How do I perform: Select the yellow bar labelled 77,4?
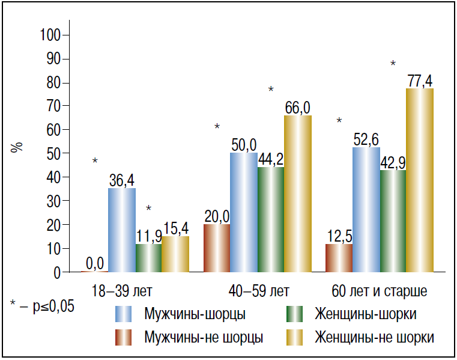pyautogui.click(x=420, y=180)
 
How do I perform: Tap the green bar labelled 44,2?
pyautogui.click(x=271, y=219)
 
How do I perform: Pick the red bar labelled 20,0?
pyautogui.click(x=217, y=248)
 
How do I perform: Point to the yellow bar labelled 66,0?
pyautogui.click(x=297, y=194)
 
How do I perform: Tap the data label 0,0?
pyautogui.click(x=95, y=263)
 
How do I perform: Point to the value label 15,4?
pyautogui.click(x=175, y=228)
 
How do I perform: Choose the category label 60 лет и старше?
pyautogui.click(x=379, y=291)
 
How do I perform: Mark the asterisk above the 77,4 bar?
pyautogui.click(x=393, y=64)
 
